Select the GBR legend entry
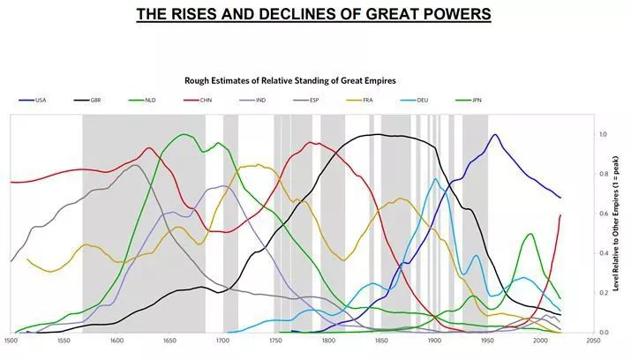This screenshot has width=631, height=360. coord(95,101)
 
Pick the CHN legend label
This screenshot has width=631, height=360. coord(205,101)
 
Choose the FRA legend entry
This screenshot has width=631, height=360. coord(370,101)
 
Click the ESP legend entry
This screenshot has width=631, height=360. coord(313,101)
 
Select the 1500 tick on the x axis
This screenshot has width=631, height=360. coord(11,340)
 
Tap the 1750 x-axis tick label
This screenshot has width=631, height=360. coord(275,340)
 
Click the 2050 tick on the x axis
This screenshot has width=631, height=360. coord(593,340)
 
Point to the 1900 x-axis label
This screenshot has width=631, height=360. coord(434,340)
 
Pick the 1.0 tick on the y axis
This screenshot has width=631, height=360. coord(603,135)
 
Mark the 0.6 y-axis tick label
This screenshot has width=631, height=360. coord(603,214)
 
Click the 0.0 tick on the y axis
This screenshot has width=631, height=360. coord(603,332)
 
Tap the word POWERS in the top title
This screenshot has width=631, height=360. coord(453,15)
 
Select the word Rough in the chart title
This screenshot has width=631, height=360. coord(199,80)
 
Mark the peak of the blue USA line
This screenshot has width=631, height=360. coord(494,135)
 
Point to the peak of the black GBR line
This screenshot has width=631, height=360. coord(379,134)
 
